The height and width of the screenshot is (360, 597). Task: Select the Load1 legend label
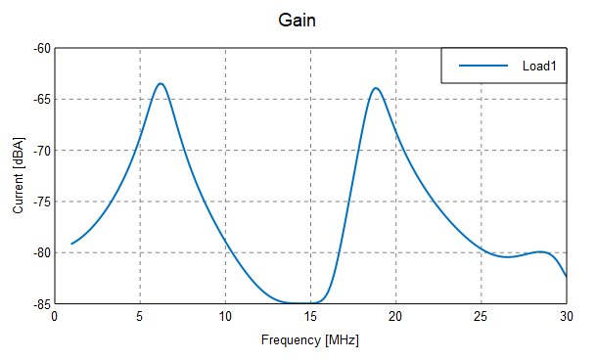click(x=539, y=66)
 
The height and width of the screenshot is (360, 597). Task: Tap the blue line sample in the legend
click(x=484, y=66)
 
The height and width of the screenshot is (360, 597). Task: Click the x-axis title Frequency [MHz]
click(x=310, y=340)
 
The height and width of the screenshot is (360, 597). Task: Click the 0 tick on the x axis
click(x=55, y=317)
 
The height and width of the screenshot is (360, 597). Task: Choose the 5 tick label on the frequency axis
click(x=140, y=317)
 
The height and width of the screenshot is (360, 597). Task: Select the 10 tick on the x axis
click(x=225, y=317)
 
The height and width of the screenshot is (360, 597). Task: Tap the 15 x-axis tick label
click(x=310, y=317)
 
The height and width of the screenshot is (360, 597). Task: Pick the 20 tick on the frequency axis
click(x=395, y=317)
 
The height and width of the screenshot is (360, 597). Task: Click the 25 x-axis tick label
click(x=481, y=317)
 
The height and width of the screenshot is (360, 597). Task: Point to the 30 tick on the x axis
click(x=566, y=317)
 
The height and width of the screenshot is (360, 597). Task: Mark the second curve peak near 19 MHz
click(x=375, y=88)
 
